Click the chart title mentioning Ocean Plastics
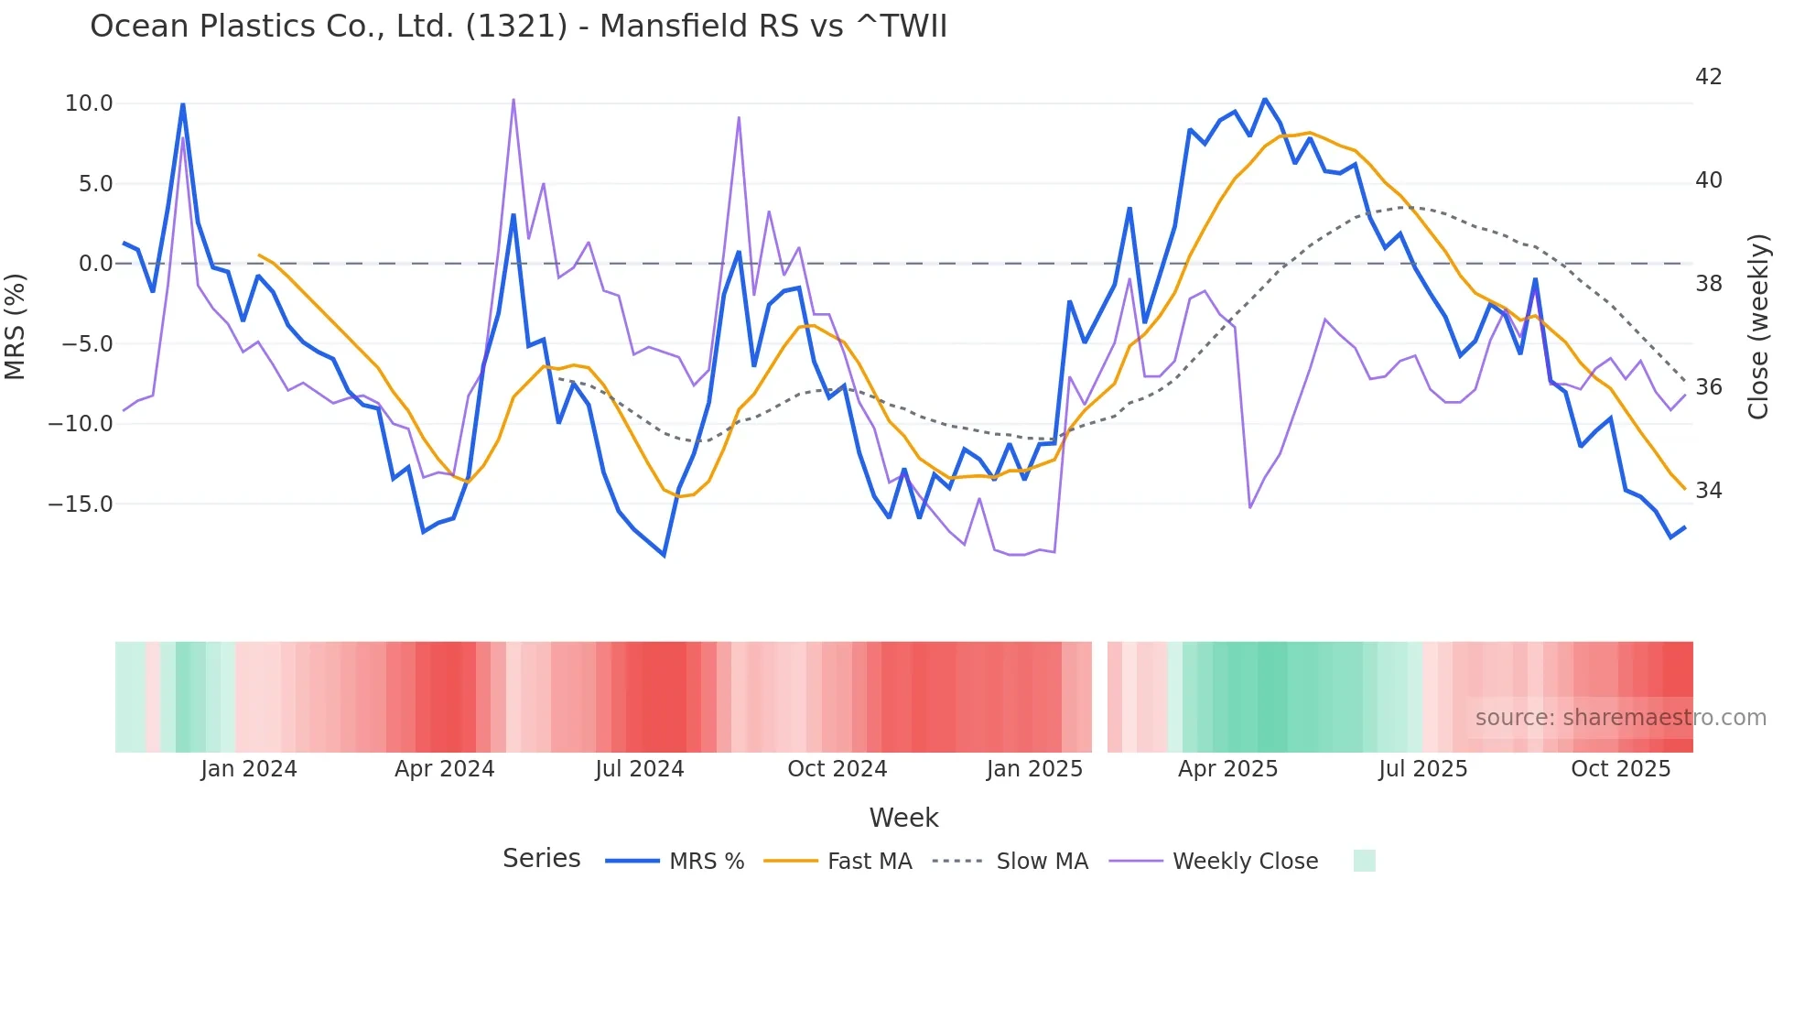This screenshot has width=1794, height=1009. (518, 27)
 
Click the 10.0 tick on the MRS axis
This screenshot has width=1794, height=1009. (89, 103)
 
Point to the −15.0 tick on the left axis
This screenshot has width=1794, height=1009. (81, 504)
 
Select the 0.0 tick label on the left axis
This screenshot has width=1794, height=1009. (95, 264)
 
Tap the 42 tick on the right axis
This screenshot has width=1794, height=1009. (1708, 77)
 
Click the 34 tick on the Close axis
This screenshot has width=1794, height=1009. (1708, 491)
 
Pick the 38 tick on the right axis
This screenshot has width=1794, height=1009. (1708, 284)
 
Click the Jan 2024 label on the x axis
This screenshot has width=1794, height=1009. (249, 769)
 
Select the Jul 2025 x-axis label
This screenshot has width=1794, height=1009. (1422, 769)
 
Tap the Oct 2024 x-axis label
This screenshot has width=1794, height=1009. (837, 769)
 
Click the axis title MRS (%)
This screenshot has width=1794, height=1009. (16, 326)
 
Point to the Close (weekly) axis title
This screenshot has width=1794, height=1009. (1758, 327)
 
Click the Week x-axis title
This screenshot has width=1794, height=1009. (903, 818)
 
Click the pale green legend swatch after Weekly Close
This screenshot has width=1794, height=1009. (1364, 861)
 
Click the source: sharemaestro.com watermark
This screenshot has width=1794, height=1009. (1620, 718)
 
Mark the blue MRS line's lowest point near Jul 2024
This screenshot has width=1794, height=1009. (665, 556)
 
